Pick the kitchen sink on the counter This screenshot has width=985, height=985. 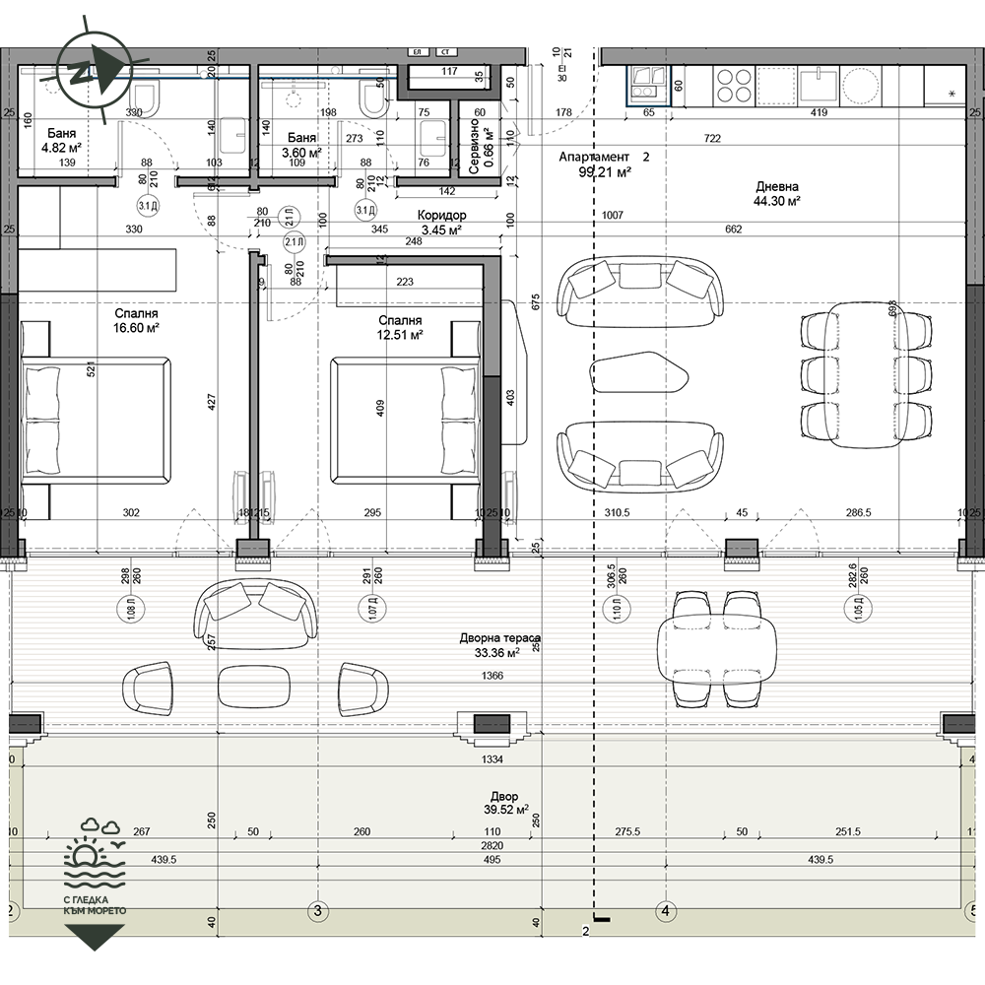coord(818,85)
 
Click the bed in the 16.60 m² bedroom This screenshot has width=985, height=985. coord(94,423)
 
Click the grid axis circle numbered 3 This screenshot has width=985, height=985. coord(317,910)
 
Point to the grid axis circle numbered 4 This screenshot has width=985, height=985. coord(666,910)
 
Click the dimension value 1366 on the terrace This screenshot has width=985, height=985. coord(494,677)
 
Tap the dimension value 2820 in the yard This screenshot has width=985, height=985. coord(492,845)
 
